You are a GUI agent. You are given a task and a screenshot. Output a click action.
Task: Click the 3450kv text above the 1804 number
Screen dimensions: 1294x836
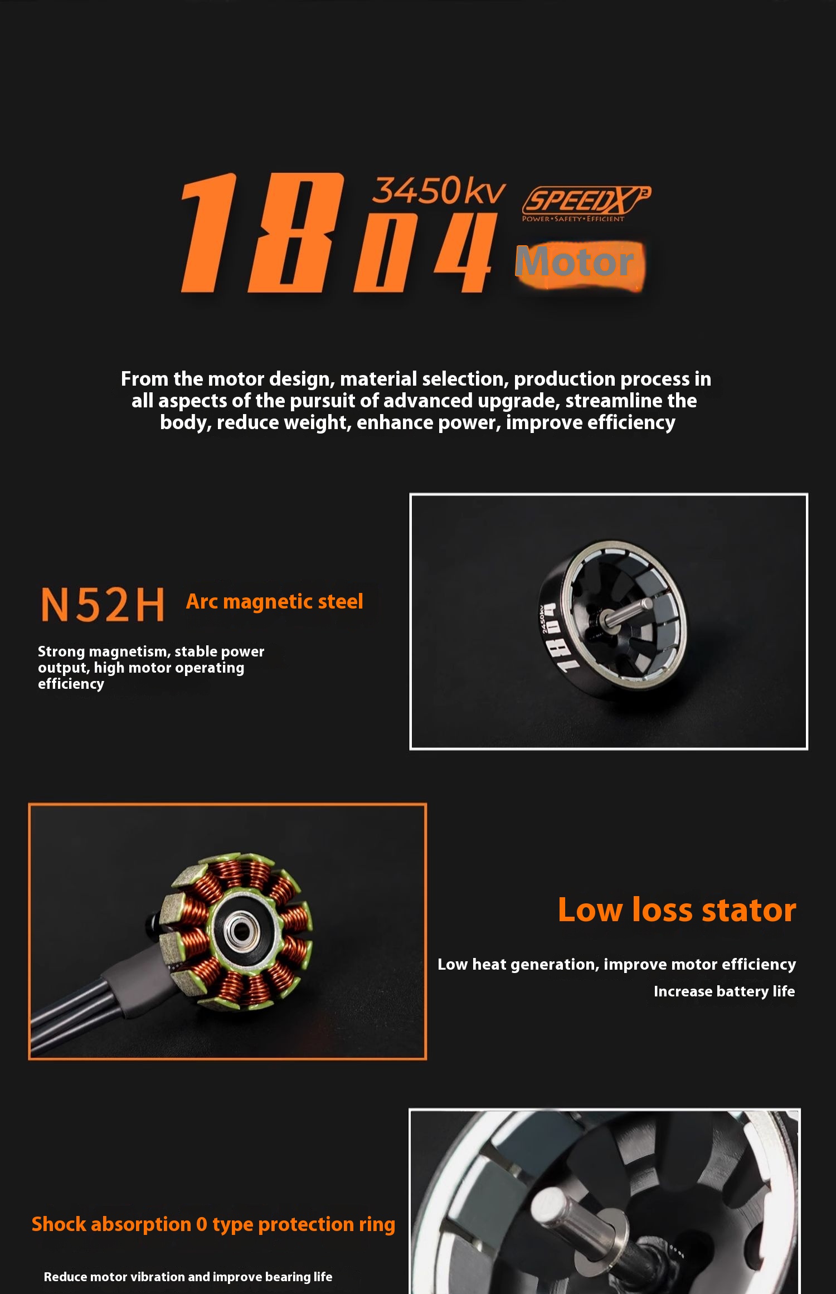tap(439, 191)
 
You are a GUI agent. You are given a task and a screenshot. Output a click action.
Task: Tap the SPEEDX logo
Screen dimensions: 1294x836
tap(585, 201)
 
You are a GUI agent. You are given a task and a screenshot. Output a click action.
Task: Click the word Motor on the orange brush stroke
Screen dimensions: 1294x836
tap(575, 262)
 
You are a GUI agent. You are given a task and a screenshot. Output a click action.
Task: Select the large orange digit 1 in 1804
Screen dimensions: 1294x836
tap(209, 233)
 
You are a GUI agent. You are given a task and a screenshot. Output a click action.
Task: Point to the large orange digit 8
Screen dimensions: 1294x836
tap(295, 233)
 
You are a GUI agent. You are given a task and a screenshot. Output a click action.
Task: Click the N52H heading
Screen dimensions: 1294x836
tap(103, 605)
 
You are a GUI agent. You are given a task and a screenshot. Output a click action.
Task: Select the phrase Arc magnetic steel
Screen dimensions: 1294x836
tap(274, 602)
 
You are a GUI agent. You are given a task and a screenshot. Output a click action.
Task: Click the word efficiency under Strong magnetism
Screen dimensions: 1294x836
tap(71, 684)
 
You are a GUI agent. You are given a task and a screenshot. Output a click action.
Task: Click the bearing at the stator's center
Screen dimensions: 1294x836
tap(241, 930)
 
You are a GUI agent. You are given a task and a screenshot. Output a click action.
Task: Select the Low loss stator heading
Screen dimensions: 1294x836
tap(677, 910)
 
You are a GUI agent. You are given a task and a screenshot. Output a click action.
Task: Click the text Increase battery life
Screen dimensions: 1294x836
tap(724, 991)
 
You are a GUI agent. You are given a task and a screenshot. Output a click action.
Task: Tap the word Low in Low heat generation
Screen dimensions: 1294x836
tap(452, 965)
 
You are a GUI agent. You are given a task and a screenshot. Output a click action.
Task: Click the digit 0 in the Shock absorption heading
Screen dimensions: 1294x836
tap(202, 1224)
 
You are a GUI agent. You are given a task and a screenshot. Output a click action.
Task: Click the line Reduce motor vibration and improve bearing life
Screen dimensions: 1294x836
tap(188, 1277)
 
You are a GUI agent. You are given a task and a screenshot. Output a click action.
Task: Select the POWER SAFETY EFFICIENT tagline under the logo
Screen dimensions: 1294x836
tap(573, 219)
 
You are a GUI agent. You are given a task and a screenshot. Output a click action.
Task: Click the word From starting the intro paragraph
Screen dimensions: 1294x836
tap(144, 379)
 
